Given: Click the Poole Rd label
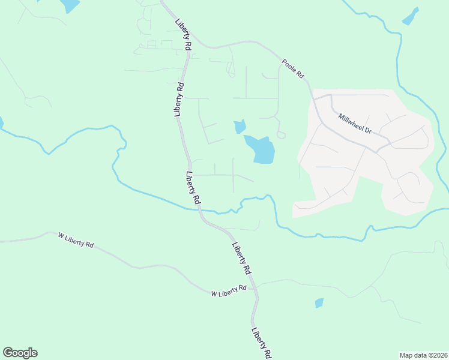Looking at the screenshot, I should pyautogui.click(x=294, y=68).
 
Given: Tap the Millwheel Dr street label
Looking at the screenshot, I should pyautogui.click(x=355, y=124).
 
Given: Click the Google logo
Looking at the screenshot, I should pyautogui.click(x=20, y=353).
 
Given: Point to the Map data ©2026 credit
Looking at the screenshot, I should pyautogui.click(x=423, y=355).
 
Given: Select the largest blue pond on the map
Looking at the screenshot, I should pyautogui.click(x=261, y=149).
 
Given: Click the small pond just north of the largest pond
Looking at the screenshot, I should pyautogui.click(x=240, y=127).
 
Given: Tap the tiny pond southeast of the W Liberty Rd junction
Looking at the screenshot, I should pyautogui.click(x=319, y=303).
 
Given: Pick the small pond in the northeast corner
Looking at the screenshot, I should pyautogui.click(x=411, y=16).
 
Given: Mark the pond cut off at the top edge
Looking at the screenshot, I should pyautogui.click(x=69, y=5).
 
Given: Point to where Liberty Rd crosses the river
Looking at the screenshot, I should pyautogui.click(x=200, y=210).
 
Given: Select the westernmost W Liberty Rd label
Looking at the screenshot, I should pyautogui.click(x=76, y=241).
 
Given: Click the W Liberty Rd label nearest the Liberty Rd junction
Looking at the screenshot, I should pyautogui.click(x=229, y=291).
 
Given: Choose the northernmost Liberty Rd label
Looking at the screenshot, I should pyautogui.click(x=183, y=35).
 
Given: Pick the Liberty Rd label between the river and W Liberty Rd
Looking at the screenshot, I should pyautogui.click(x=241, y=258).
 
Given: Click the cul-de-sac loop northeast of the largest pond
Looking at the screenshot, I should pyautogui.click(x=280, y=134).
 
